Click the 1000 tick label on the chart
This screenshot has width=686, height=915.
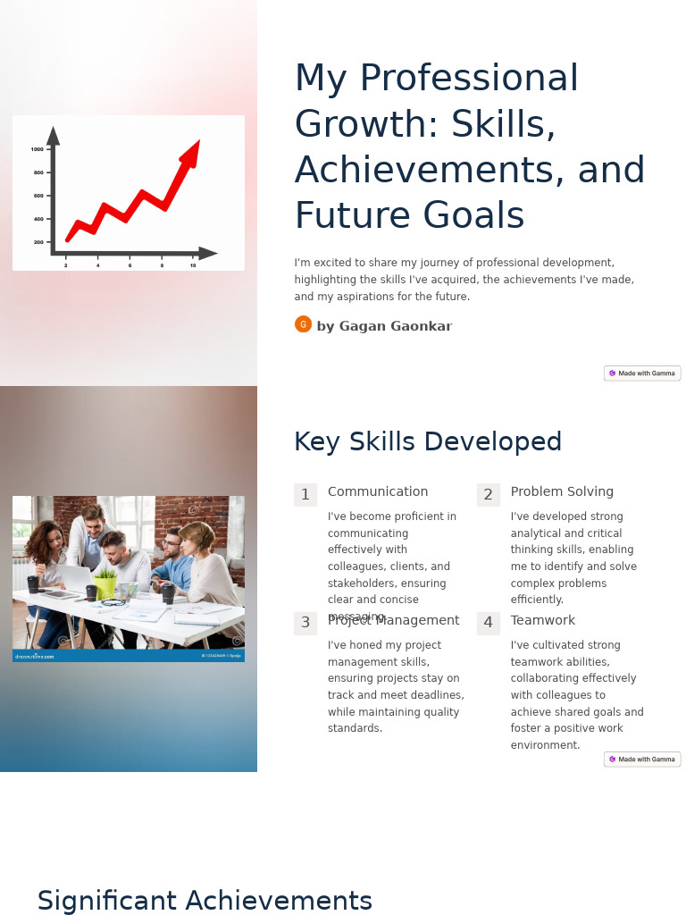click(x=38, y=149)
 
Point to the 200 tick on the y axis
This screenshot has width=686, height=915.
click(x=39, y=242)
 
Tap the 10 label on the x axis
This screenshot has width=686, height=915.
click(x=193, y=265)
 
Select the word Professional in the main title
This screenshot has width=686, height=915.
click(x=468, y=79)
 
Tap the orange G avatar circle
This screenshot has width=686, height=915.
click(x=303, y=324)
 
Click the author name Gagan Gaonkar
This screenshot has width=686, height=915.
click(x=384, y=326)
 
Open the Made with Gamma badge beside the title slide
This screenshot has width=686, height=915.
click(x=642, y=374)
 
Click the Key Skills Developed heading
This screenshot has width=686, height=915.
click(x=428, y=442)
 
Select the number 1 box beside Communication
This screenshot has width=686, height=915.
click(x=305, y=495)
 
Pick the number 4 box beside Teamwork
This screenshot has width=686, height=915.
click(x=488, y=623)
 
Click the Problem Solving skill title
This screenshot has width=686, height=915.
click(x=562, y=491)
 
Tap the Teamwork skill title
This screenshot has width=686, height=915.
click(x=543, y=620)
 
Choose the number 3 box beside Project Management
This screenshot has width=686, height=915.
click(x=305, y=623)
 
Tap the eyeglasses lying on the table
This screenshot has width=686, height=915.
click(x=113, y=603)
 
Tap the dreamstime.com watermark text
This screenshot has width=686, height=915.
click(x=35, y=657)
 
